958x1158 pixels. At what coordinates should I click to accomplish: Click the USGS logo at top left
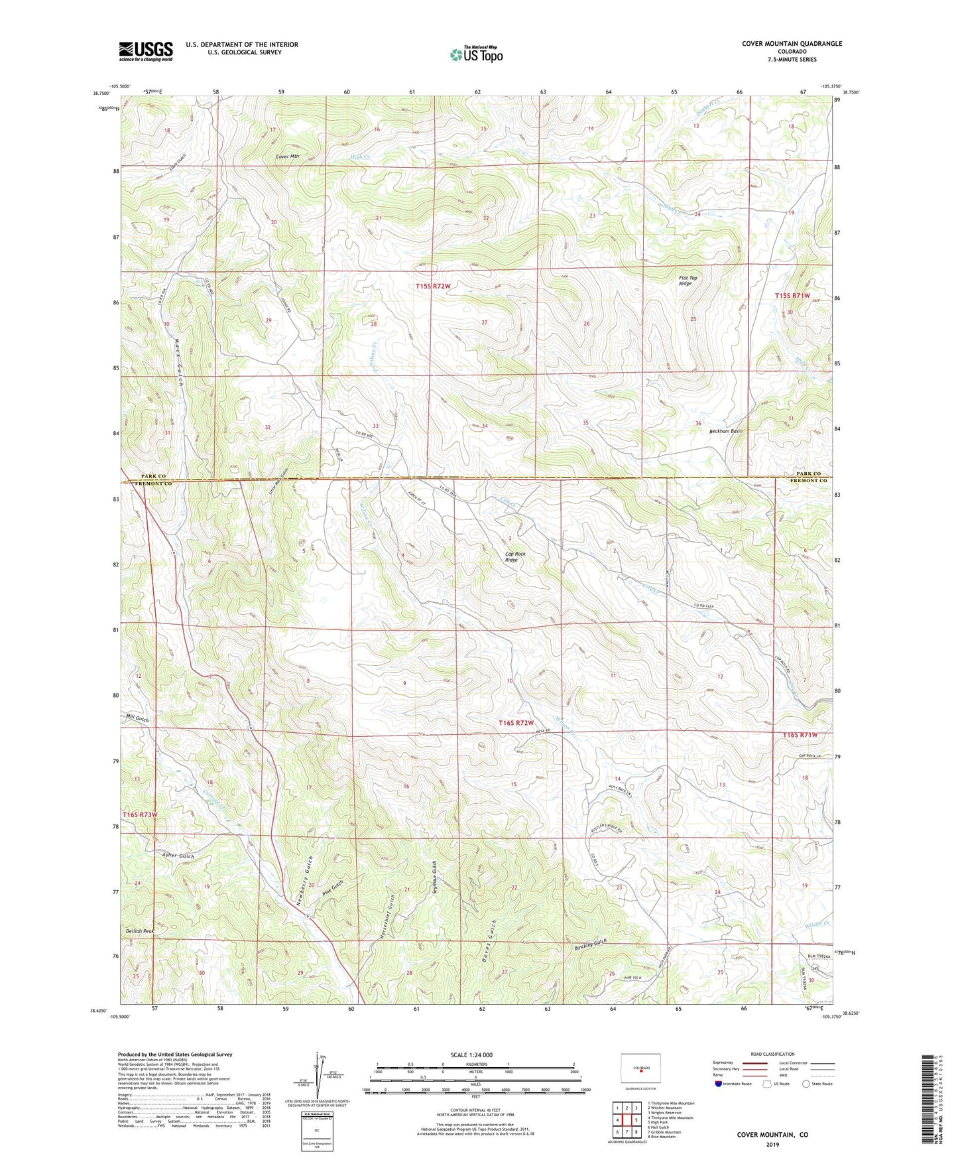click(x=146, y=51)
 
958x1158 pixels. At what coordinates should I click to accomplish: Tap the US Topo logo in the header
click(x=475, y=54)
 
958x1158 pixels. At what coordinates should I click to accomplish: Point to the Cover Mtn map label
click(x=288, y=157)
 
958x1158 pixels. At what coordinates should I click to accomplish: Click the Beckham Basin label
click(x=725, y=431)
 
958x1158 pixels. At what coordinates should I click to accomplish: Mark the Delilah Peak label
click(x=140, y=931)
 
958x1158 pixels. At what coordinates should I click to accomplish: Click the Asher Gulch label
click(x=178, y=856)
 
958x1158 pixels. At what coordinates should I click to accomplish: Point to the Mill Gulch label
click(x=137, y=719)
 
